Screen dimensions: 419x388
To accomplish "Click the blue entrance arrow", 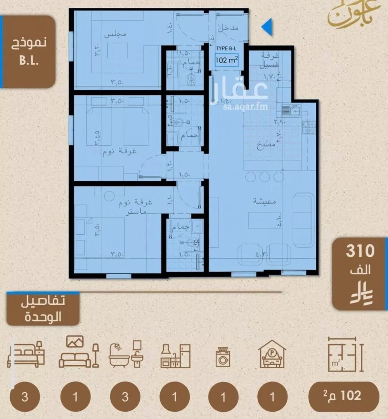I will coord(267,27).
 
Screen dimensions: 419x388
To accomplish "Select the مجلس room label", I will coord(115,34).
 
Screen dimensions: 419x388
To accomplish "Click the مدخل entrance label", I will coord(228,28).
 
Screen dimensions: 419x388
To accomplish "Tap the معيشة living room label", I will coord(264,201).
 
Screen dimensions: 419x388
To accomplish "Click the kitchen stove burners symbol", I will coord(309,127).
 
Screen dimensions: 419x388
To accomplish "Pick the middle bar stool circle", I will coord(265,177).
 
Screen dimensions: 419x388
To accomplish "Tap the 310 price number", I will coord(360,251).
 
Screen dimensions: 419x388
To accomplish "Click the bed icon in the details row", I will coord(26,354).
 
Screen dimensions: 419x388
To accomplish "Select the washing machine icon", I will coord(223,356).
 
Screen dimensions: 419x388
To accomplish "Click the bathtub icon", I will coord(126,354).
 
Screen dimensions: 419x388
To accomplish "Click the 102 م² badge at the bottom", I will coord(343,395).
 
